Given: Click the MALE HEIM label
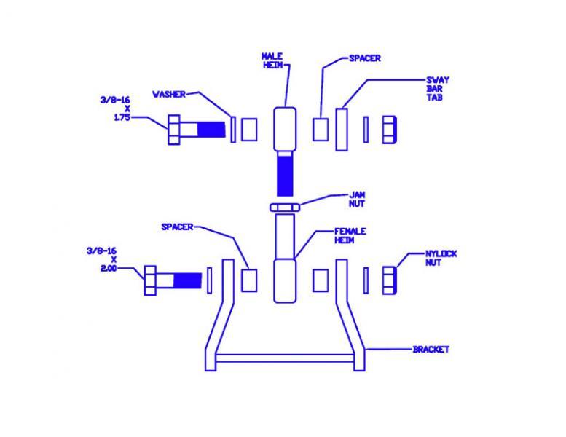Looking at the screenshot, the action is click(x=272, y=60).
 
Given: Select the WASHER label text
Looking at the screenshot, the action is click(x=169, y=95).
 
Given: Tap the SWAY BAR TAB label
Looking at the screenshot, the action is click(x=438, y=89).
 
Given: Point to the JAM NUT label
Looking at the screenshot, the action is click(x=357, y=199).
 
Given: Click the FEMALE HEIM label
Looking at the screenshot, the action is click(x=350, y=236).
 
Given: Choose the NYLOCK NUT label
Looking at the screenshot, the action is click(x=441, y=258).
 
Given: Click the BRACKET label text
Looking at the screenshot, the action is click(x=431, y=350).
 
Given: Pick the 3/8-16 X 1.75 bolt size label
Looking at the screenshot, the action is click(x=116, y=109).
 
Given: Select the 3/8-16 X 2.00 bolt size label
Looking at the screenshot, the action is click(x=102, y=259).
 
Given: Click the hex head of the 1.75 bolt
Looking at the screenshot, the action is click(x=174, y=130).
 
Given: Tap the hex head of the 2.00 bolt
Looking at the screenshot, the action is click(x=150, y=280).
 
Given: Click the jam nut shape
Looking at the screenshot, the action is click(x=285, y=208).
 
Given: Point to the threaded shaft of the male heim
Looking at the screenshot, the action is click(x=285, y=174).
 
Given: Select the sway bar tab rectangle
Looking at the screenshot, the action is click(x=342, y=130).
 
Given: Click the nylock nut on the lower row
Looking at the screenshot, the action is click(x=390, y=280).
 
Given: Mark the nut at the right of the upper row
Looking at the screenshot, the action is click(x=390, y=130).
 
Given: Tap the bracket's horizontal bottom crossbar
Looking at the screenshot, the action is click(x=285, y=358).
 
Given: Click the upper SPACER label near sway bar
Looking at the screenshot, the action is click(x=364, y=58).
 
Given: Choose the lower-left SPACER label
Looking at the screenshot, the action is click(x=177, y=227).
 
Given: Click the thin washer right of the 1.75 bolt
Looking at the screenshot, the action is click(x=233, y=130).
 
